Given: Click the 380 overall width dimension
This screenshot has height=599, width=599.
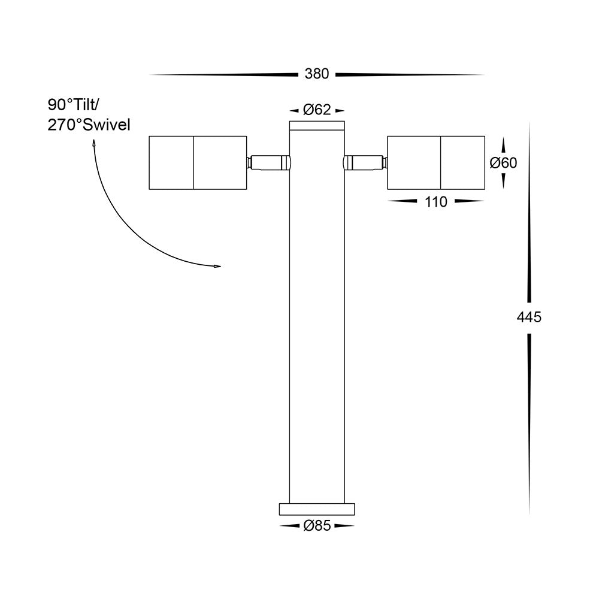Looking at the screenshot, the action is (317, 74).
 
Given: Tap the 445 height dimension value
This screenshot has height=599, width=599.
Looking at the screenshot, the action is (529, 317).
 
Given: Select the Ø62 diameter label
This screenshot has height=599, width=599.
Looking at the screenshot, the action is (317, 110).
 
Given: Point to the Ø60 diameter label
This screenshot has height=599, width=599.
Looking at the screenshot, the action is (504, 163).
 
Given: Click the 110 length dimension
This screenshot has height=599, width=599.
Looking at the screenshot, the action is (436, 202).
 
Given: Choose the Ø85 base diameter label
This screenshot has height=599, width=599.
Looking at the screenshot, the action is (317, 526).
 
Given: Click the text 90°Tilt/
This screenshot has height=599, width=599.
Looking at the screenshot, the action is (75, 104).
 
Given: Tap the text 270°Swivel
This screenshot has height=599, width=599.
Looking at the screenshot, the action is (89, 125).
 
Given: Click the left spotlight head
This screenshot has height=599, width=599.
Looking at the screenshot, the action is (198, 163).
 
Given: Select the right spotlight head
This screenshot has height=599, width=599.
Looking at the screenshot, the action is (436, 163).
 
